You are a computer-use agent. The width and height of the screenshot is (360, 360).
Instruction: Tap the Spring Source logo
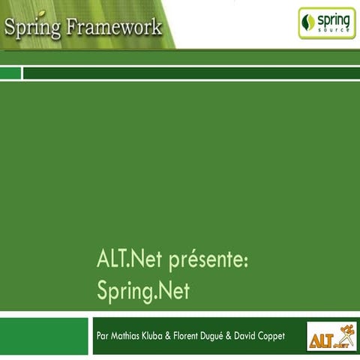[x=327, y=23]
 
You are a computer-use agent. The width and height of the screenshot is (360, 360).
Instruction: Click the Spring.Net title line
[x=143, y=291]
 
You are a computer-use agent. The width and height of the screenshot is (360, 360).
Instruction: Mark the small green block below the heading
[x=10, y=73]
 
